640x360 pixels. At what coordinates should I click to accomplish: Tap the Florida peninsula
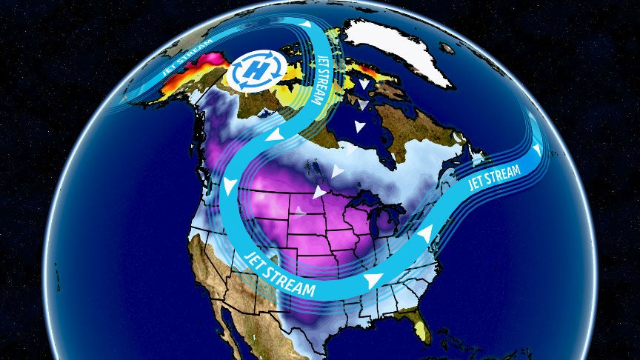pyautogui.click(x=421, y=326)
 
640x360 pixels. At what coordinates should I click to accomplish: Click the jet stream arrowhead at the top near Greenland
pyautogui.click(x=304, y=25)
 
